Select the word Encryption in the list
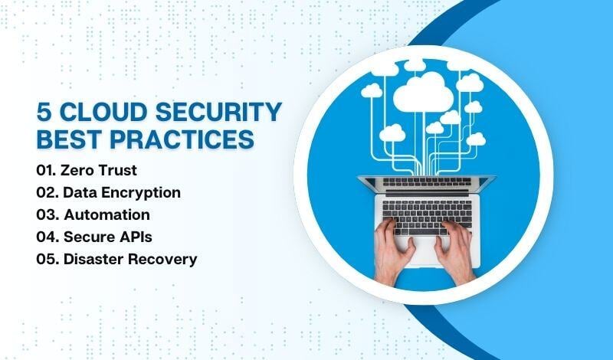[x=141, y=192]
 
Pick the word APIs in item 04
[x=141, y=237]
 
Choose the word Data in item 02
[x=80, y=192]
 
